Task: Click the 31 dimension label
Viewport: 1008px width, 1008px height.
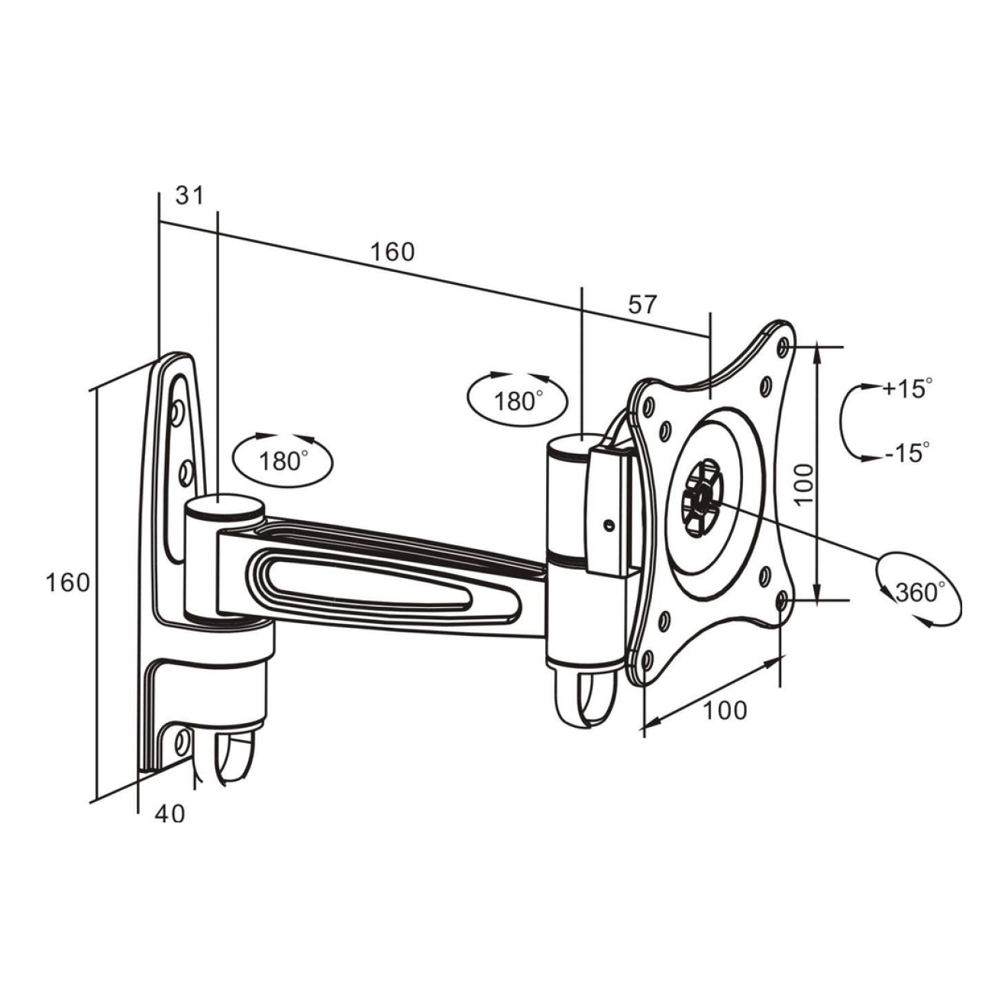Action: (190, 195)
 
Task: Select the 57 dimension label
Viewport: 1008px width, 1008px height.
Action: (641, 305)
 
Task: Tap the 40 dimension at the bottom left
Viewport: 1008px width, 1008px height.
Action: (170, 814)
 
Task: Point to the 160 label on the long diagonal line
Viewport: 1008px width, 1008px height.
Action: (393, 251)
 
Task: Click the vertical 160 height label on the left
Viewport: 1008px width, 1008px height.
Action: (67, 583)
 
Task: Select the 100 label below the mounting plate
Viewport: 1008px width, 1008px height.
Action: (724, 710)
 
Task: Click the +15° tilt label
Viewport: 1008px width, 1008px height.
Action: (907, 388)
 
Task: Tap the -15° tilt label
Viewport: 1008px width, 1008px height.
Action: (907, 452)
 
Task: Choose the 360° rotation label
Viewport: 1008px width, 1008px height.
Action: (919, 591)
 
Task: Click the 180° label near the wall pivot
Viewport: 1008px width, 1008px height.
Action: (283, 461)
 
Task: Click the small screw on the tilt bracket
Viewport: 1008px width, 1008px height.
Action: (608, 525)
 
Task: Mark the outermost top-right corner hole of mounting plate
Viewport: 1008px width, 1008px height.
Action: (782, 347)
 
